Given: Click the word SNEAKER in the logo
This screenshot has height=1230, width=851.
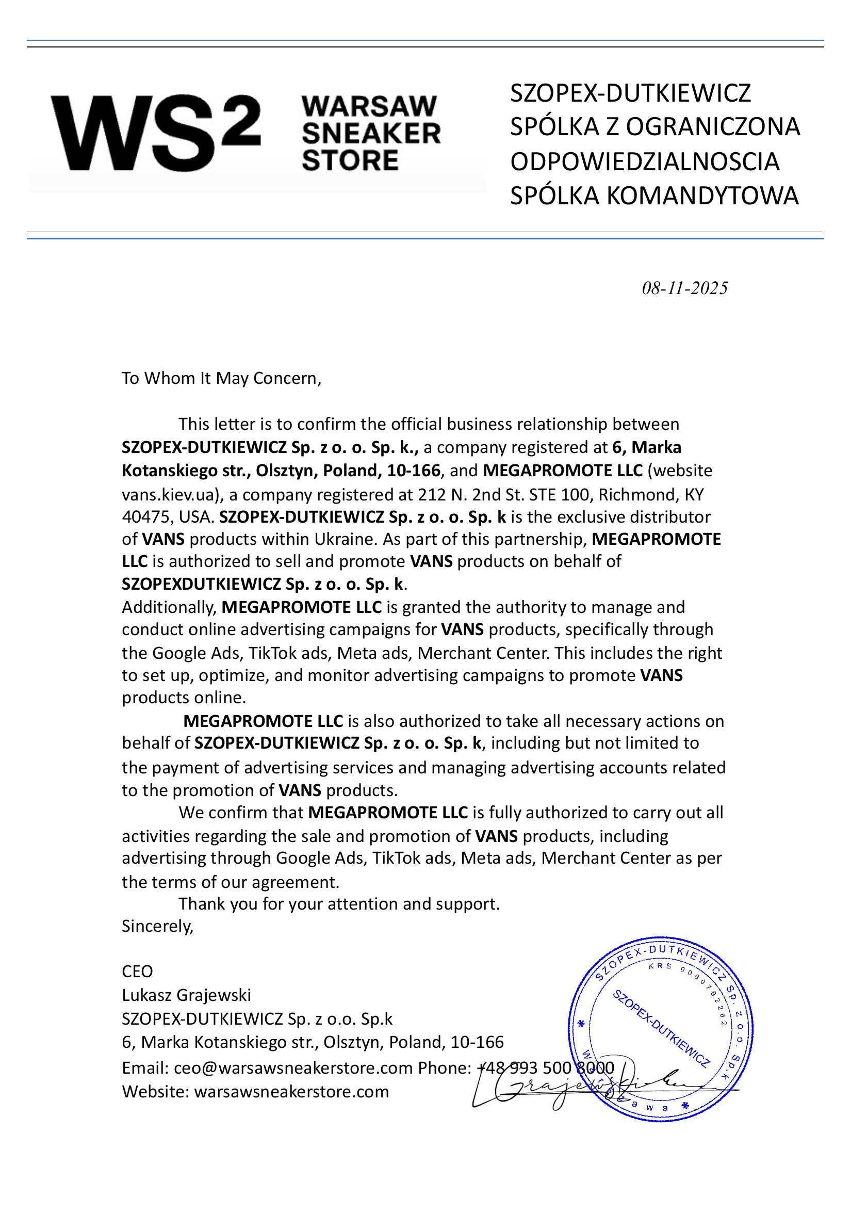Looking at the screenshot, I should (371, 133).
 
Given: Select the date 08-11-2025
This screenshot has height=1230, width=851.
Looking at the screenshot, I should (684, 288).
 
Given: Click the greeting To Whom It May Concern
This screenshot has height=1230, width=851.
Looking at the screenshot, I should (221, 378).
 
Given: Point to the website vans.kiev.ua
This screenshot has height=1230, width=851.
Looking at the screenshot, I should (168, 494).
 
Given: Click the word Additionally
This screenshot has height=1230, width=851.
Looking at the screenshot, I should (169, 607).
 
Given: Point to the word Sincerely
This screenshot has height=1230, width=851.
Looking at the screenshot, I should (157, 926).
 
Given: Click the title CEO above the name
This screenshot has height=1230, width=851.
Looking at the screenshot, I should (137, 972).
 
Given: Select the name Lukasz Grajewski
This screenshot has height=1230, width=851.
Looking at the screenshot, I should (186, 995).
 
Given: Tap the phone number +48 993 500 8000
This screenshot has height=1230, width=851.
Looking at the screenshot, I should (545, 1068).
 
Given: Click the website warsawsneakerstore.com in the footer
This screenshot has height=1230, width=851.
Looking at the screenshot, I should (291, 1091).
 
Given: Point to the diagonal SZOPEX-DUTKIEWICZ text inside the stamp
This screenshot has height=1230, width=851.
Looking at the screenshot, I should (661, 1029).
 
